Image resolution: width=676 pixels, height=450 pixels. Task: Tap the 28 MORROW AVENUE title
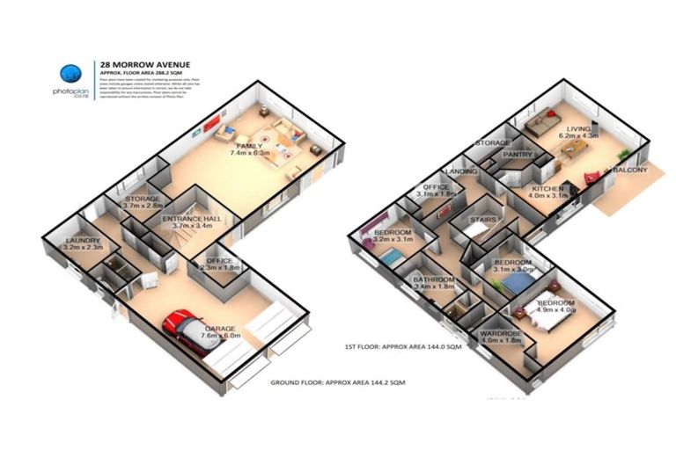[142, 64]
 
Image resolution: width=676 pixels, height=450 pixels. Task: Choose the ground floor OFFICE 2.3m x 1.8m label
[221, 264]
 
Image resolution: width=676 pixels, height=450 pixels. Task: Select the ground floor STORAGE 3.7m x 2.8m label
[142, 204]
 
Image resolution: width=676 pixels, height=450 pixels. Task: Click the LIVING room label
[577, 131]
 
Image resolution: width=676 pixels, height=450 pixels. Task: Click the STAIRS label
[485, 220]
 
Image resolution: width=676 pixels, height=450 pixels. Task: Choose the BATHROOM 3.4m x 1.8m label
[433, 283]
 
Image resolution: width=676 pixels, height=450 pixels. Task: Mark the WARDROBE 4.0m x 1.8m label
[502, 338]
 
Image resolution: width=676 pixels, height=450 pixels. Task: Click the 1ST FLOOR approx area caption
[403, 347]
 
